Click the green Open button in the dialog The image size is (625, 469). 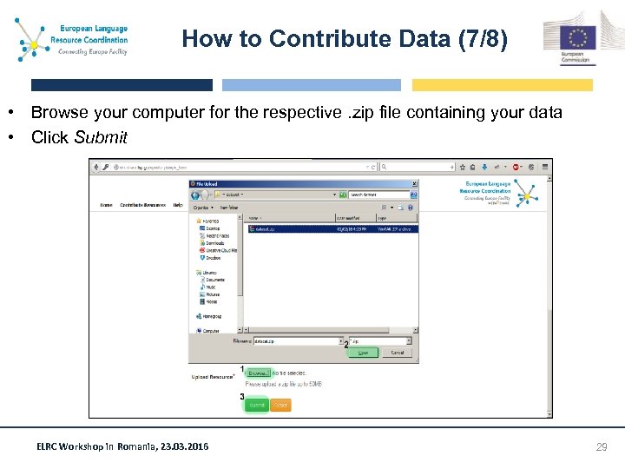pyautogui.click(x=364, y=353)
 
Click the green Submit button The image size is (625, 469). pyautogui.click(x=257, y=405)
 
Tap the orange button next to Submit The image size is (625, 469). pyautogui.click(x=280, y=405)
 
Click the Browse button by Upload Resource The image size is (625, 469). pyautogui.click(x=259, y=373)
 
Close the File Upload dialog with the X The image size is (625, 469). pyautogui.click(x=414, y=184)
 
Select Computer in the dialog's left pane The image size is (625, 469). pyautogui.click(x=211, y=331)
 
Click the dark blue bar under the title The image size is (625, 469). pyautogui.click(x=122, y=85)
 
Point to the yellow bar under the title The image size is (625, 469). pyautogui.click(x=502, y=85)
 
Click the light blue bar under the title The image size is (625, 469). pyautogui.click(x=312, y=85)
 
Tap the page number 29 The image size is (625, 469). pyautogui.click(x=601, y=446)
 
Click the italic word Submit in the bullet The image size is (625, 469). pyautogui.click(x=101, y=137)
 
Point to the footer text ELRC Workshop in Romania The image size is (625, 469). pyautogui.click(x=122, y=446)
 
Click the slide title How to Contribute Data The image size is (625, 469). pyautogui.click(x=345, y=39)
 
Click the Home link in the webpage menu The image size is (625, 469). pyautogui.click(x=106, y=206)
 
